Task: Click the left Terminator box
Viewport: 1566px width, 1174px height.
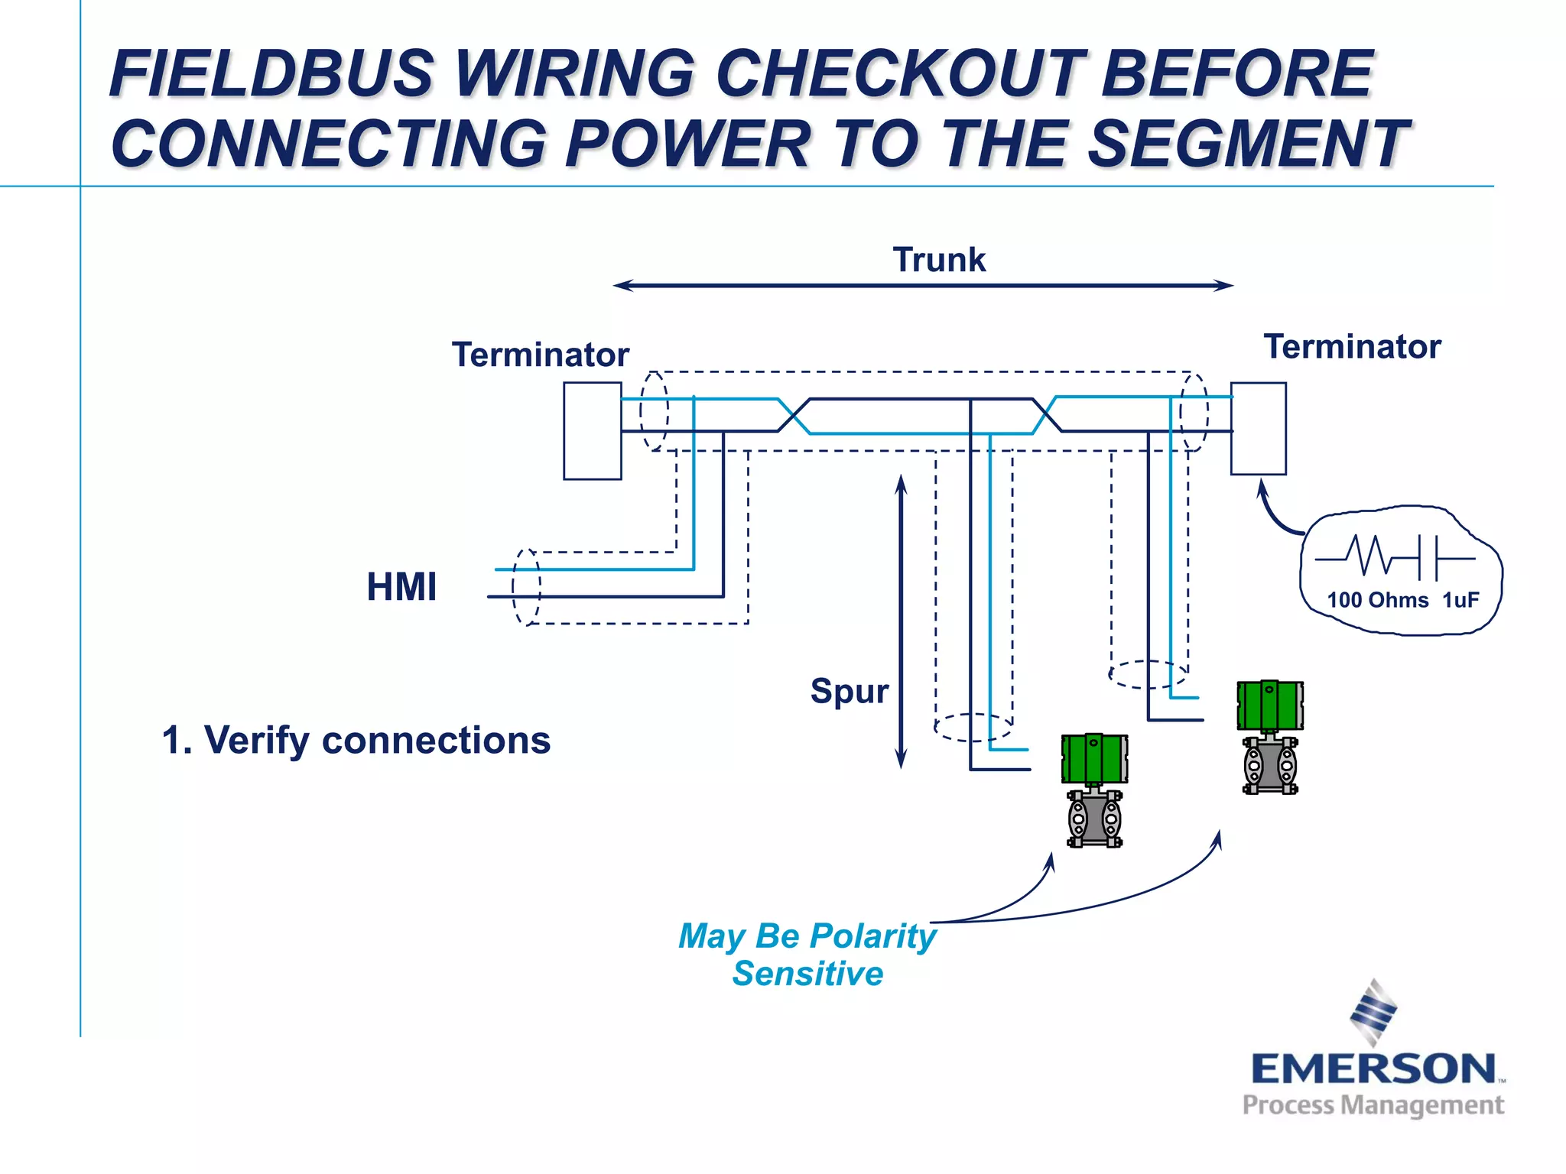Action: [592, 431]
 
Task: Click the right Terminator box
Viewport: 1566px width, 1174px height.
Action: [1258, 429]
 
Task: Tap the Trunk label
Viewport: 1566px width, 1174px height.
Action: [939, 260]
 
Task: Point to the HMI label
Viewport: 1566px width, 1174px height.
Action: [401, 587]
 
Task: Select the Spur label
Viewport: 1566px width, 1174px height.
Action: [849, 691]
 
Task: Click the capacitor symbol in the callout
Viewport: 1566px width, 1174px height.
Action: [1428, 557]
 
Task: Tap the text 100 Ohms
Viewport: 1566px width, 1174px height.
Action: [1377, 600]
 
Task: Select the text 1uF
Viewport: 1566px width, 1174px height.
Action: [1460, 600]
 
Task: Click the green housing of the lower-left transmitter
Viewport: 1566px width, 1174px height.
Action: [1094, 758]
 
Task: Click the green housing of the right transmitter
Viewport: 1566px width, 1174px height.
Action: [1270, 705]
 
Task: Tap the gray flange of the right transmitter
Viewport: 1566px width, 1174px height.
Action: [1270, 766]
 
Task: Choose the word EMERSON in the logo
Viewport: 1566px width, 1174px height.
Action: [1373, 1069]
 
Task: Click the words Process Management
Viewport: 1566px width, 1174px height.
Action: [1373, 1105]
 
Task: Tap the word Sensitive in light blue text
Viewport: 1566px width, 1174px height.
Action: [807, 974]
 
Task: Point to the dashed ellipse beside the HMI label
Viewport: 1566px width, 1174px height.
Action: [526, 587]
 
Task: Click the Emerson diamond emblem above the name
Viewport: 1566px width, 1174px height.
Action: [1373, 1012]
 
